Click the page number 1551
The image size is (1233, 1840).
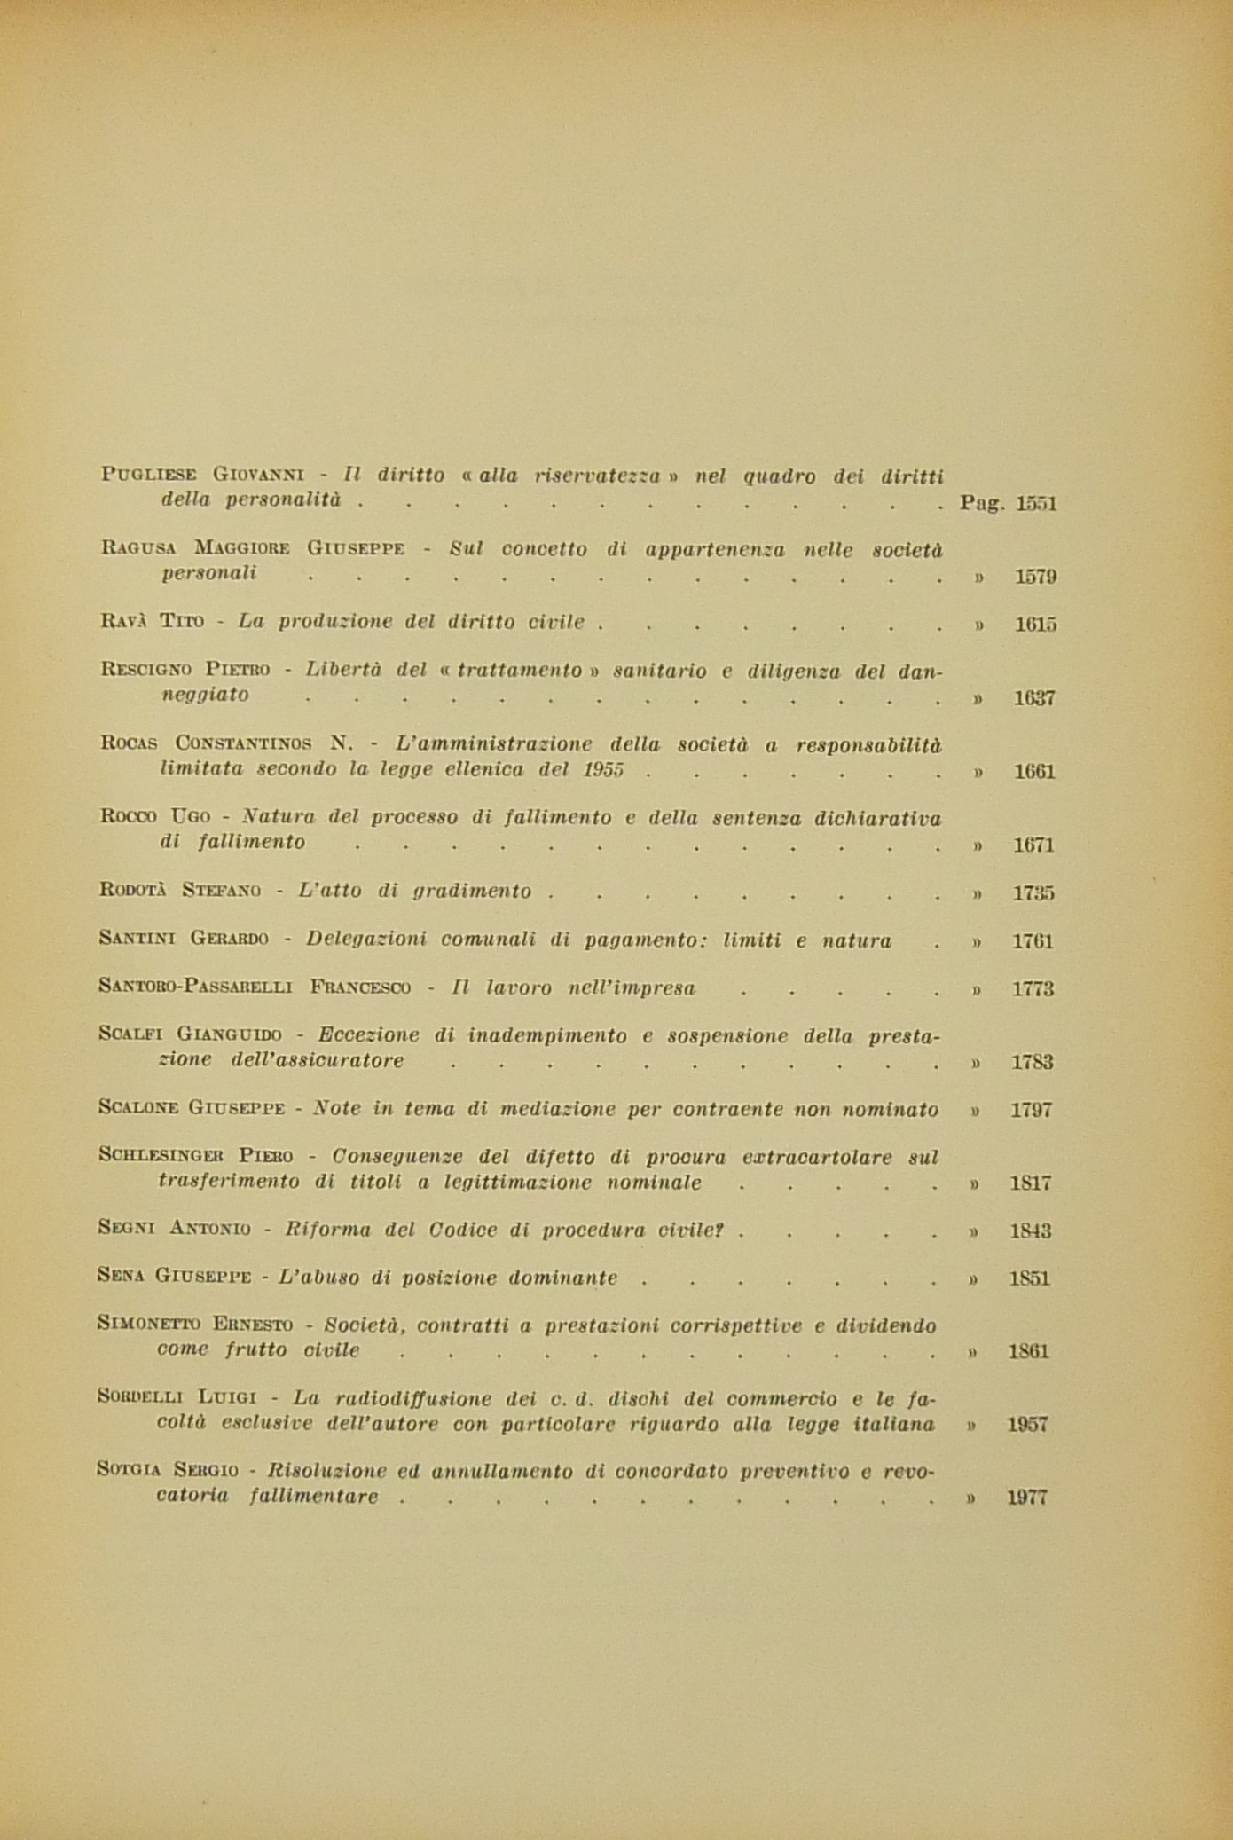pyautogui.click(x=1036, y=504)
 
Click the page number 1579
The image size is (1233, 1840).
pyautogui.click(x=1035, y=577)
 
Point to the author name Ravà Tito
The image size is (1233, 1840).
pyautogui.click(x=153, y=622)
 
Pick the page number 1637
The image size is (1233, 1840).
pyautogui.click(x=1034, y=698)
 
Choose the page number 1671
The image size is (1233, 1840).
pyautogui.click(x=1033, y=845)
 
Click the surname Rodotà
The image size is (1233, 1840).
pyautogui.click(x=133, y=890)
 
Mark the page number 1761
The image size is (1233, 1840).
pyautogui.click(x=1033, y=941)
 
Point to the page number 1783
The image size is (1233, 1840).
pyautogui.click(x=1032, y=1062)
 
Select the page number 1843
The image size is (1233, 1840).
pyautogui.click(x=1031, y=1231)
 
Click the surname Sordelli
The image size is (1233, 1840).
pyautogui.click(x=139, y=1399)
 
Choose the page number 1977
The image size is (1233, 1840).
pyautogui.click(x=1027, y=1498)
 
